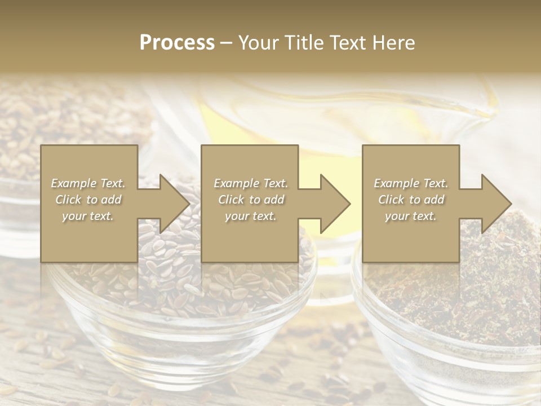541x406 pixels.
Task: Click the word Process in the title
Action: tap(177, 43)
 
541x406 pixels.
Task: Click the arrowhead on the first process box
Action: tap(169, 204)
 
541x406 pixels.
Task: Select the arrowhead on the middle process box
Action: tap(330, 204)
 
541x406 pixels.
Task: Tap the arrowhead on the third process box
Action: tap(491, 204)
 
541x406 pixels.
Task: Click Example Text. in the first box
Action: tap(88, 183)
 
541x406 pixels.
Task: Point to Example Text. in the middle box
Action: tap(251, 183)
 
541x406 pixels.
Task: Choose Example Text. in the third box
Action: tap(411, 183)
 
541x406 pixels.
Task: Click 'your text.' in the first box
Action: tap(88, 216)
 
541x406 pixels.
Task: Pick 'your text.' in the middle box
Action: tap(251, 216)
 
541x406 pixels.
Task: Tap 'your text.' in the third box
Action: tap(411, 216)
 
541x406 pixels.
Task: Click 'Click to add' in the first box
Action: tap(88, 200)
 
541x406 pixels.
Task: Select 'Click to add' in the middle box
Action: tap(251, 200)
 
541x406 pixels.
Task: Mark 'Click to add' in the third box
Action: tap(411, 200)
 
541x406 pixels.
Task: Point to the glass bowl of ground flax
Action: tap(451, 316)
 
